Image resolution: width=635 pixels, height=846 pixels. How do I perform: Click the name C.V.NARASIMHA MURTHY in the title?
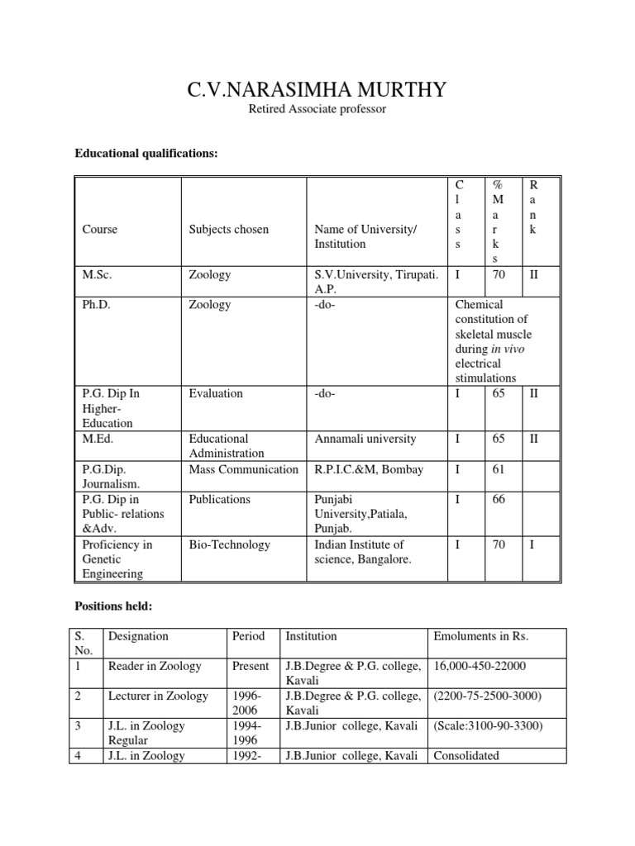tap(317, 89)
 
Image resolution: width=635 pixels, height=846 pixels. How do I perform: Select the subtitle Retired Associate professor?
tap(317, 109)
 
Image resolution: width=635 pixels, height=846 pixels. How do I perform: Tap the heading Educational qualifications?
tap(146, 153)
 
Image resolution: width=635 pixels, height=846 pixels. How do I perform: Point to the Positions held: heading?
tap(111, 607)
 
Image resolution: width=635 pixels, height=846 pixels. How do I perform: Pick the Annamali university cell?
tap(365, 439)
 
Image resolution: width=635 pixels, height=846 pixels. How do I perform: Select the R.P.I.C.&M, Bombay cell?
tap(369, 469)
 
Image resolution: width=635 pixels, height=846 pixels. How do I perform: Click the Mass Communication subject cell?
tap(243, 469)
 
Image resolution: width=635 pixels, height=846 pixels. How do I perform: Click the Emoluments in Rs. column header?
tap(480, 636)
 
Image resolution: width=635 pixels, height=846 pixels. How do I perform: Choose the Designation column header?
tap(138, 636)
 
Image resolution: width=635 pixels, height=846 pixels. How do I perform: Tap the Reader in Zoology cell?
tap(155, 666)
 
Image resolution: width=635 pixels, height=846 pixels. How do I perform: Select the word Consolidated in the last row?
tap(467, 755)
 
